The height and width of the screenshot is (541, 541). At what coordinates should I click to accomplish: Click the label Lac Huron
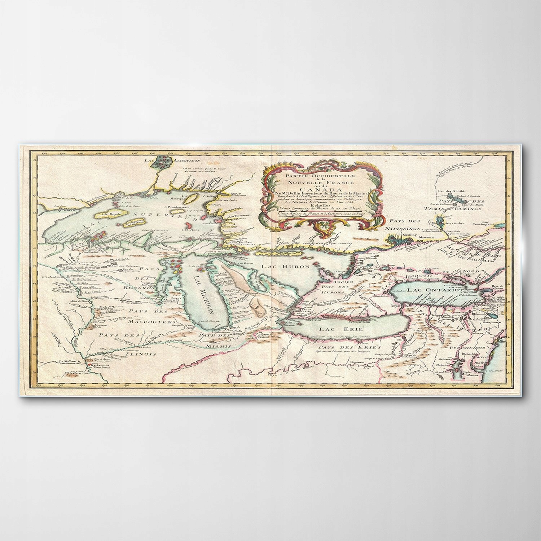291,267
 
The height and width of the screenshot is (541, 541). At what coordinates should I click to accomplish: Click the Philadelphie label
466,364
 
